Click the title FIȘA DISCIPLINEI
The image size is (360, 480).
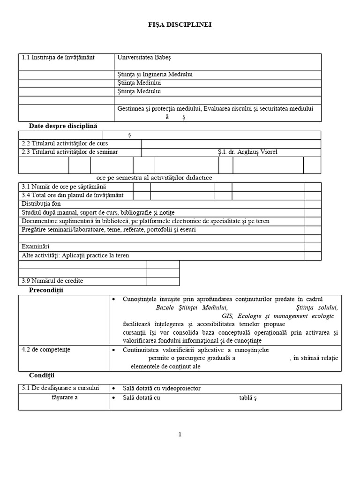(x=180, y=25)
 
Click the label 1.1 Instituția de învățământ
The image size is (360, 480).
(x=58, y=58)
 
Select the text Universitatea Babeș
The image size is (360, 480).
(x=144, y=58)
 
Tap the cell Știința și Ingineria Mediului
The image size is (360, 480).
(x=155, y=75)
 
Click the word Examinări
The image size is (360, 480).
(x=36, y=247)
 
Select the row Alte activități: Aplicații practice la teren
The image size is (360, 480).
(x=75, y=255)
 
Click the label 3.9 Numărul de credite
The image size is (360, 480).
(x=52, y=281)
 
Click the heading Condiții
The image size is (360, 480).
(x=42, y=375)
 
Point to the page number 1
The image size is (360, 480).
(x=180, y=435)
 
